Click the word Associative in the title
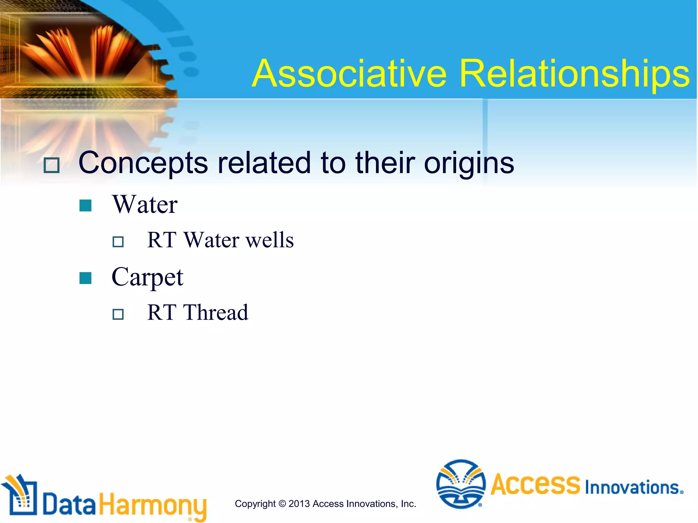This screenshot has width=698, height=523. pos(349,74)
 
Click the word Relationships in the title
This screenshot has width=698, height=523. pos(574,74)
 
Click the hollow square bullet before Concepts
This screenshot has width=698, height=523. pos(52,165)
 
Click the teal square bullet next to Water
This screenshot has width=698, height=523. pos(85,205)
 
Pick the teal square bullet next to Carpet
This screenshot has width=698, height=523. pos(85,278)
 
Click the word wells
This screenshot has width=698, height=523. pos(270,240)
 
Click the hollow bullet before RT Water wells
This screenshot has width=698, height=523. pos(118,242)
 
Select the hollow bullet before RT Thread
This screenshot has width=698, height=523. pos(118,314)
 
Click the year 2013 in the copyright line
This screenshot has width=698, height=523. pos(299,504)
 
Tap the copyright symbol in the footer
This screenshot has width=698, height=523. pos(282,504)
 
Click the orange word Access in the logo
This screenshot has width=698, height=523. pos(535,484)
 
